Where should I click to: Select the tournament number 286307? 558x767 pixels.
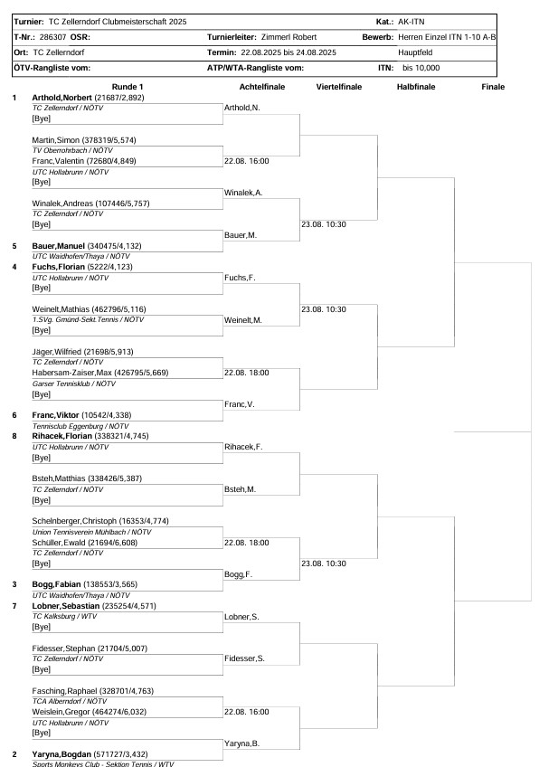click(53, 37)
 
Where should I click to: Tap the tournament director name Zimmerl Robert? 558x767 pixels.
click(286, 37)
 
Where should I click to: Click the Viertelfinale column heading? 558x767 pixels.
click(339, 87)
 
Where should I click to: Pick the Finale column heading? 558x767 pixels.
click(493, 87)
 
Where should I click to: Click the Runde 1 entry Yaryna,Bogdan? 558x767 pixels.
click(57, 753)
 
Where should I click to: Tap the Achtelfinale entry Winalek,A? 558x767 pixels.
click(243, 193)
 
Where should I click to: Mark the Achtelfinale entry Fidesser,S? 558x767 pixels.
click(244, 658)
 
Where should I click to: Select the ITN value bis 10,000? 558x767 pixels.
click(421, 67)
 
